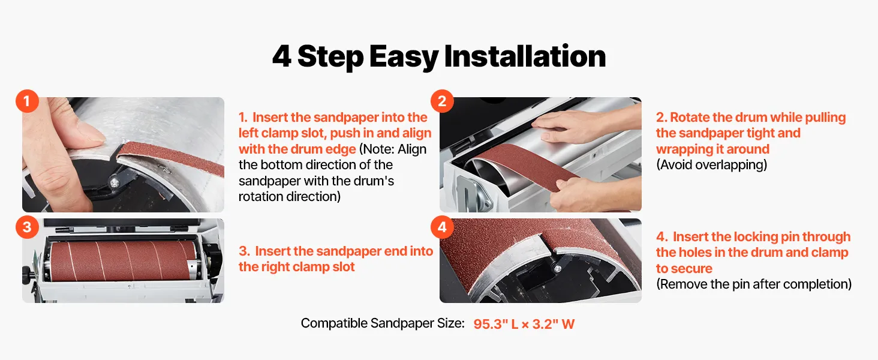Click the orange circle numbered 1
click(27, 101)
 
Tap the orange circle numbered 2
click(442, 101)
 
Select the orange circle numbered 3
click(27, 227)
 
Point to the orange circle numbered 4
click(442, 227)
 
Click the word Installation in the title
click(525, 56)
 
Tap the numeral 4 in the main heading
click(282, 56)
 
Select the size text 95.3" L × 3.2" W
click(524, 324)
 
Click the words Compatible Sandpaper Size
click(383, 323)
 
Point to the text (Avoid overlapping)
click(711, 165)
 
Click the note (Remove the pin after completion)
click(754, 284)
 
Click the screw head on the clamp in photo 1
click(115, 183)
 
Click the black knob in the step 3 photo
click(28, 271)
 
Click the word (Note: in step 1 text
click(376, 149)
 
